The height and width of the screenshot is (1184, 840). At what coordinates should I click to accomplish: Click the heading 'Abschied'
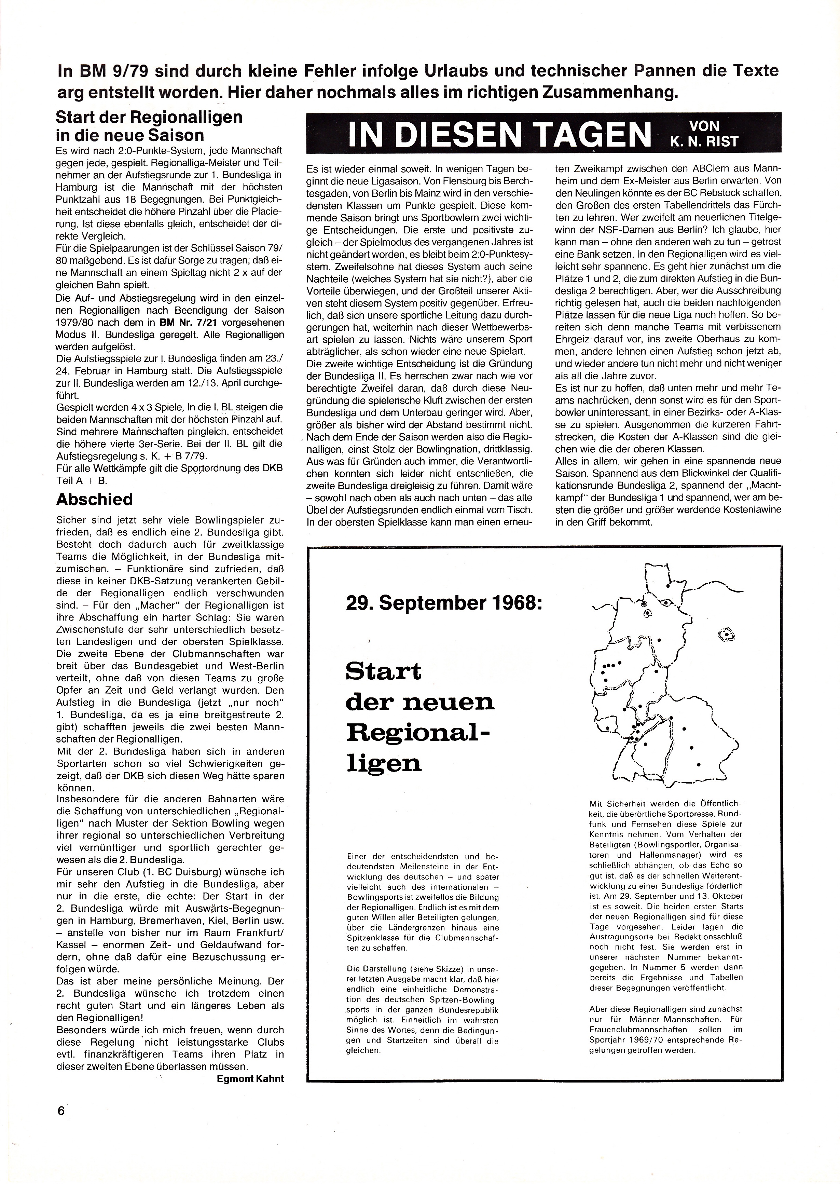[95, 499]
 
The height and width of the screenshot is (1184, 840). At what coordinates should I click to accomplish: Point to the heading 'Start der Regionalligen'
[149, 117]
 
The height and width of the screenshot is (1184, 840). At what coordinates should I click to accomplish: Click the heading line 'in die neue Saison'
[130, 136]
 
